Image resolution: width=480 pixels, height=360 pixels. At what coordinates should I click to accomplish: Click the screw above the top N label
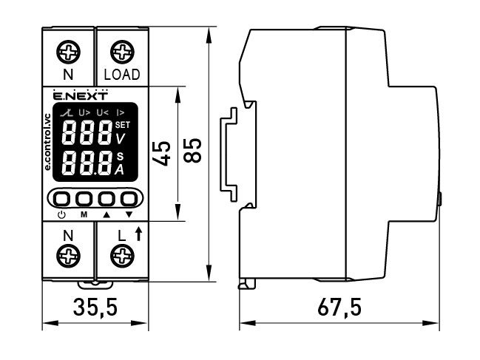tap(69, 52)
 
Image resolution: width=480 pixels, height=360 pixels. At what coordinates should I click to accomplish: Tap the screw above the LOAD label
tap(121, 52)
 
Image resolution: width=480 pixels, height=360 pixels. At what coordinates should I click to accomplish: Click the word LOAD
tap(121, 75)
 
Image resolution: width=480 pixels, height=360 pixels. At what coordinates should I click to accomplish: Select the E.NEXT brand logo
tap(81, 95)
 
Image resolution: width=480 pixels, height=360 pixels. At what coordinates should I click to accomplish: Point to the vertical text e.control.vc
tap(48, 143)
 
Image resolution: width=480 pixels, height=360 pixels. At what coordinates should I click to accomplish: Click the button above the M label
tap(84, 199)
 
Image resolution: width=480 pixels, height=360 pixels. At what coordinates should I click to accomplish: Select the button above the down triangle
tap(129, 199)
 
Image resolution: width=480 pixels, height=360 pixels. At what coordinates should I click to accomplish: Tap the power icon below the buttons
tap(61, 214)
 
